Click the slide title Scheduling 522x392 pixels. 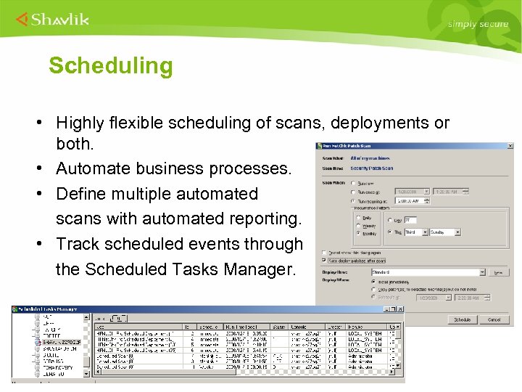point(111,66)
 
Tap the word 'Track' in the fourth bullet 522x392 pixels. point(79,244)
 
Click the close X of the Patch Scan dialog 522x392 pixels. point(510,146)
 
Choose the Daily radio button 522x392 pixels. point(357,217)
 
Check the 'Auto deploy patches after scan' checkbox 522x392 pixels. point(324,260)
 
